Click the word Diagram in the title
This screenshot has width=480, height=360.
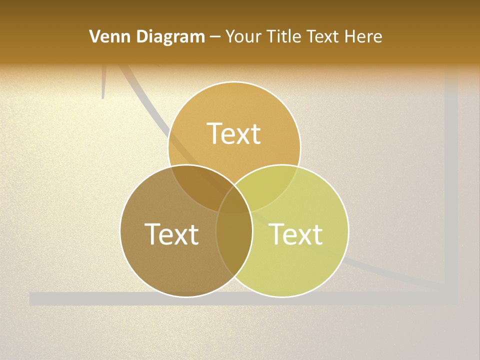click(169, 36)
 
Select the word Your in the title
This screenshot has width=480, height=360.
click(243, 36)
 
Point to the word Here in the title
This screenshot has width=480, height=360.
click(364, 36)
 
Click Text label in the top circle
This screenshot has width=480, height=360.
click(234, 133)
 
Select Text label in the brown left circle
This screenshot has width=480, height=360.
click(171, 233)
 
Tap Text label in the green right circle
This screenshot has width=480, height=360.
click(296, 233)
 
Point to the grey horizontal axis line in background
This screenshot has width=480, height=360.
click(75, 298)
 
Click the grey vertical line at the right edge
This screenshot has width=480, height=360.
click(451, 175)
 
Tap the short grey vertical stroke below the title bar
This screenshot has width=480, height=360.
click(103, 82)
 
